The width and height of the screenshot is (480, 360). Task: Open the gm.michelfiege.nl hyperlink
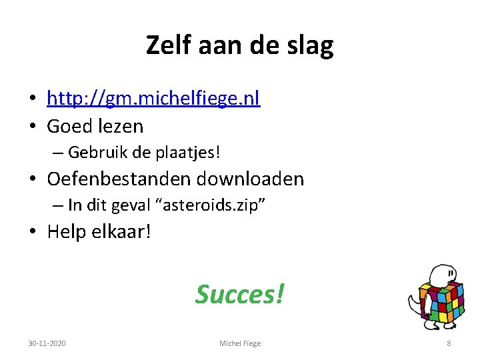(x=153, y=99)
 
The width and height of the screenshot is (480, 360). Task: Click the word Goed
(x=69, y=125)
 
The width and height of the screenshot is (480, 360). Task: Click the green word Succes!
(x=239, y=293)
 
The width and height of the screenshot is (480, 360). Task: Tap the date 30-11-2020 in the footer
(x=47, y=343)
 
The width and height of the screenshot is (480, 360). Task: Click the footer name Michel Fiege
(x=240, y=343)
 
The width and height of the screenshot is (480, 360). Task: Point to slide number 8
(x=449, y=343)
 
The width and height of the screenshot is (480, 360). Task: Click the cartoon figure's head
(x=443, y=274)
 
